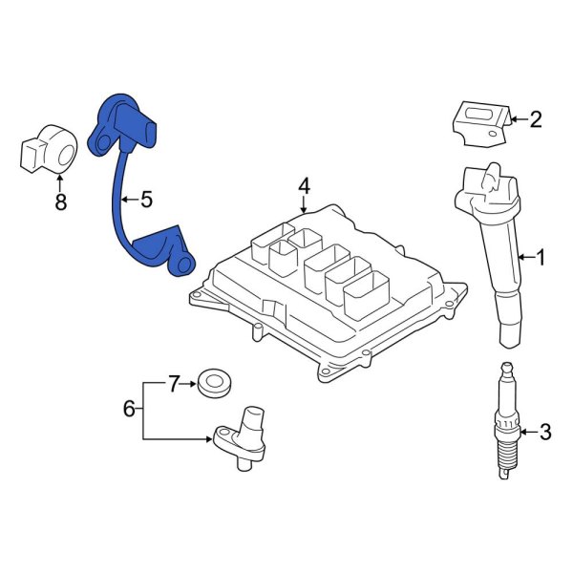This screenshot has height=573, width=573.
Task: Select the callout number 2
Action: click(x=535, y=119)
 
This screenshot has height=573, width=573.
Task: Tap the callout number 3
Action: click(x=544, y=433)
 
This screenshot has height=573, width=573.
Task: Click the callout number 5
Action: click(x=146, y=200)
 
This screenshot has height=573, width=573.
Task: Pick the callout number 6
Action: click(x=130, y=409)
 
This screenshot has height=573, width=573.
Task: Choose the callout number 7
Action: click(x=173, y=385)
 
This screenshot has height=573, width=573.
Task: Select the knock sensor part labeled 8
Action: click(x=48, y=149)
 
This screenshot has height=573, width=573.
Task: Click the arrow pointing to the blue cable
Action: click(x=130, y=200)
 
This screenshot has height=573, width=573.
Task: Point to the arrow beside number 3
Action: click(x=528, y=433)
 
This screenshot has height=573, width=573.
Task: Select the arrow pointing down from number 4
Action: click(x=304, y=202)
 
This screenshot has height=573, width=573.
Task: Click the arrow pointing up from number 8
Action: click(x=62, y=181)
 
